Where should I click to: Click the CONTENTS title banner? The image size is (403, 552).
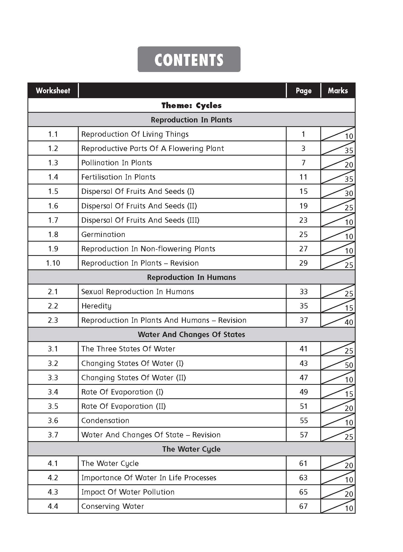pos(189,59)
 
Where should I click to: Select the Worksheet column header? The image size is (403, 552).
pos(53,91)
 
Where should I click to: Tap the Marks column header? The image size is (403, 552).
pos(338,91)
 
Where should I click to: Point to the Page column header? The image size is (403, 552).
pos(303,91)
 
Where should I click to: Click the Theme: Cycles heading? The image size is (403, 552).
pos(191,105)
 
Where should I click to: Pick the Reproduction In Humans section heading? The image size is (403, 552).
pos(191,277)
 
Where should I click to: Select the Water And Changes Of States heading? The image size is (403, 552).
pos(191,334)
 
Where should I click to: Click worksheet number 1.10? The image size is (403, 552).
pos(53,263)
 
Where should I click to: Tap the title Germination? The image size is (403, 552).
pos(103,234)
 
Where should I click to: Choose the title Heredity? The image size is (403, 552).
pos(96,306)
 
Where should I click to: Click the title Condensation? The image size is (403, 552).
pos(105,420)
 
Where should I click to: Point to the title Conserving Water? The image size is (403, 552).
pos(113,506)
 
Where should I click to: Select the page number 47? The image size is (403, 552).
pos(303,378)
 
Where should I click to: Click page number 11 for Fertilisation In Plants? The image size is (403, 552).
pos(303,177)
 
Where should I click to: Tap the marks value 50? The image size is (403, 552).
pos(349,365)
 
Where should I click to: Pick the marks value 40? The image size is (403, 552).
pos(349,322)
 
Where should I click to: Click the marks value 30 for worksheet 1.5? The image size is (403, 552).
pos(349,193)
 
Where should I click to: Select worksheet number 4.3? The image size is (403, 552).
pos(53,492)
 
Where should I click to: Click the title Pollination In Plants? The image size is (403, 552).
pos(116,163)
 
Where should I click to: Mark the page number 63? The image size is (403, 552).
pos(303,478)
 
